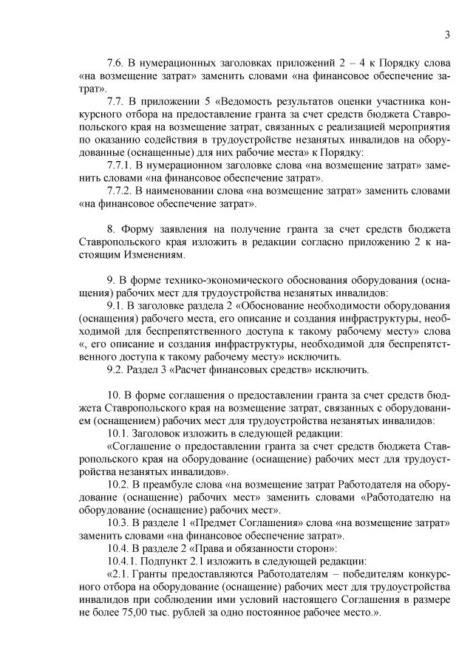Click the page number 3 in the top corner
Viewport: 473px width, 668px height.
[x=448, y=33]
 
